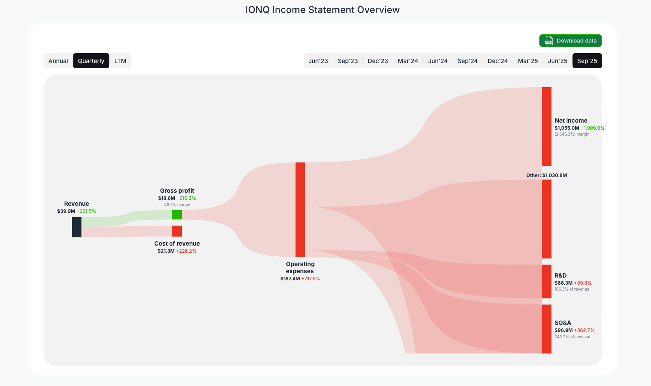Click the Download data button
pos(570,41)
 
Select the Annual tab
pos(58,61)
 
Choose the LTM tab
pos(120,61)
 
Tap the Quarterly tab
pos(91,61)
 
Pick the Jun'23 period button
pos(318,61)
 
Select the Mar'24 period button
pos(408,61)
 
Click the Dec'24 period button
pos(498,61)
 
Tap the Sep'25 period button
pos(587,61)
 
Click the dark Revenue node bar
pos(76,227)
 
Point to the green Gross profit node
pos(177,214)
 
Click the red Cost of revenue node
pos(177,231)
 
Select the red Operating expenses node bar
pos(300,209)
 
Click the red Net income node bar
pos(547,126)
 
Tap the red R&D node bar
pos(547,281)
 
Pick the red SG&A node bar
pos(547,329)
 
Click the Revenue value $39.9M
pos(66,211)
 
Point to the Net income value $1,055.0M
pos(567,128)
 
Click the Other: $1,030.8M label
pos(547,175)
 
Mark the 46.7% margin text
pos(177,205)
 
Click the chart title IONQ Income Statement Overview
pos(323,10)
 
